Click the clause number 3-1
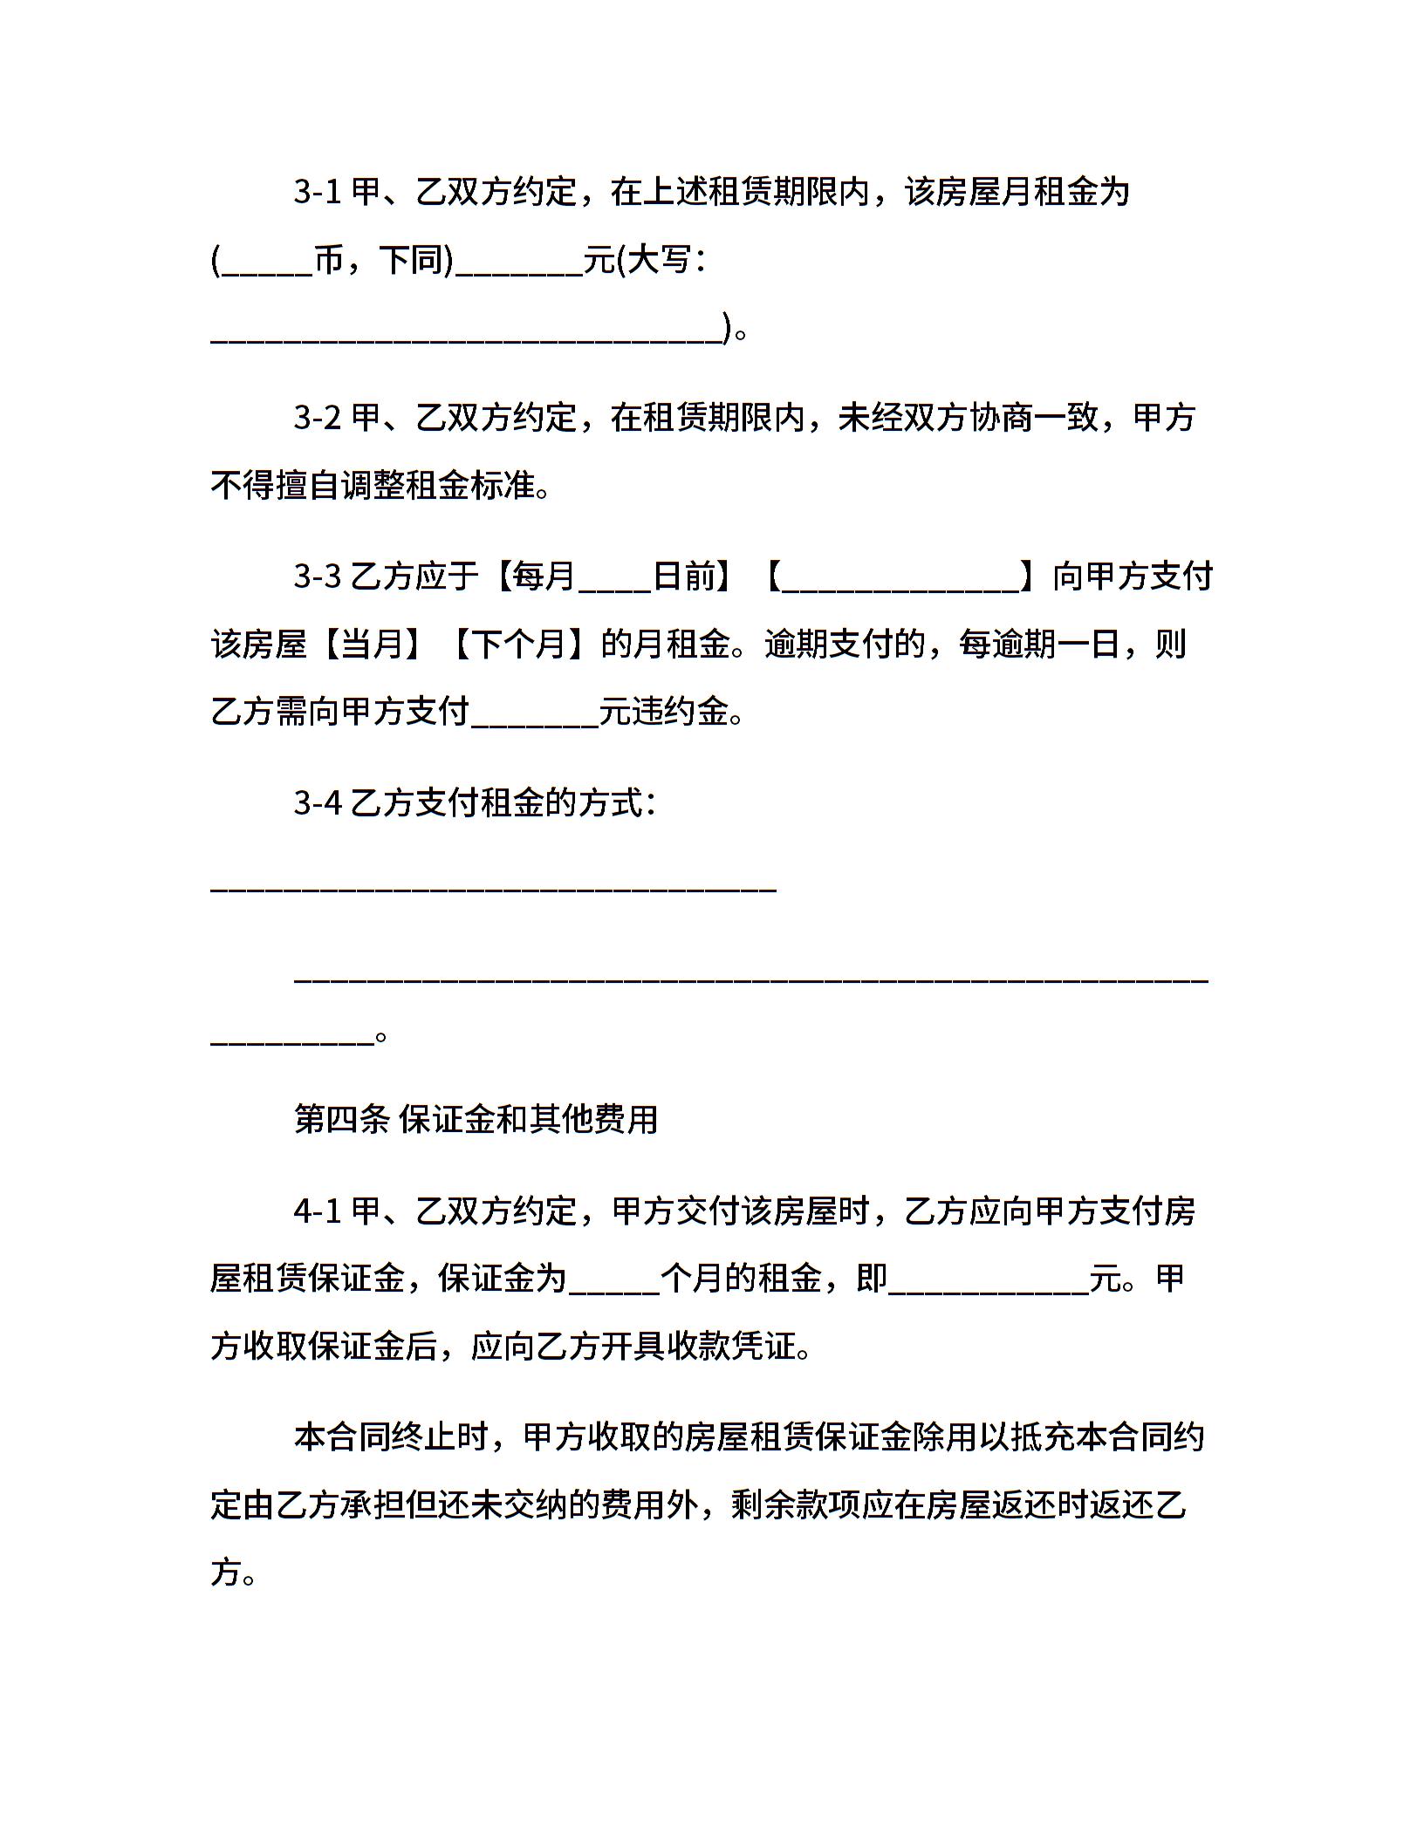click(x=317, y=192)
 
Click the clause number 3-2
click(x=317, y=419)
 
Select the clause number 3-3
click(x=317, y=576)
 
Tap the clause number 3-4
click(x=317, y=803)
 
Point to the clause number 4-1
click(x=317, y=1211)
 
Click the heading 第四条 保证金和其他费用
click(x=476, y=1120)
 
